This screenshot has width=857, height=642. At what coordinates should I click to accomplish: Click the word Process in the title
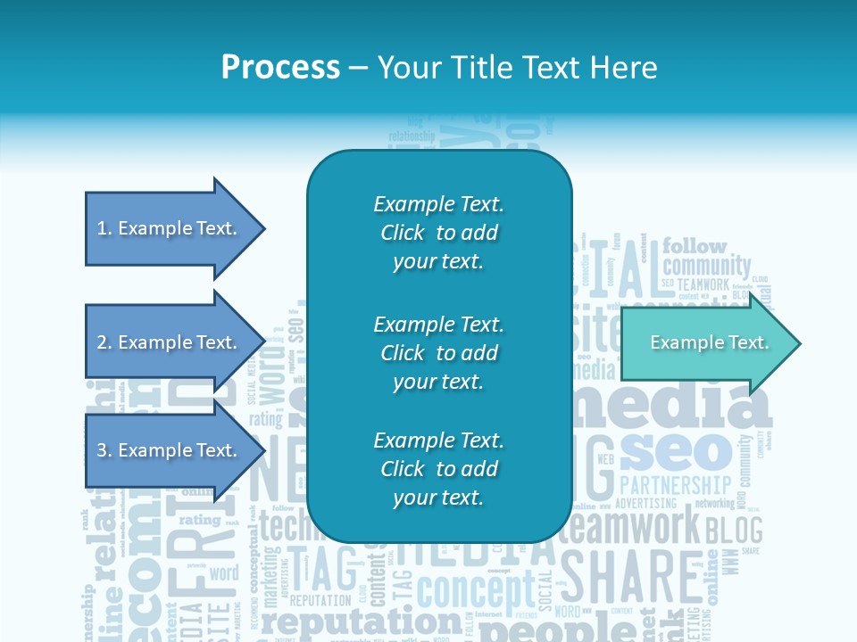point(280,68)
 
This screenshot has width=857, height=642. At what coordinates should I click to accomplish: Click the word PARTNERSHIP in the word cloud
point(675,485)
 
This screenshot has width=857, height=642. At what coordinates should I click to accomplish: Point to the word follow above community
point(695,246)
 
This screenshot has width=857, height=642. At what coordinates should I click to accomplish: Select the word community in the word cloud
point(706,266)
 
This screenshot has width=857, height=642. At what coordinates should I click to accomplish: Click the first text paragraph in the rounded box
point(438,233)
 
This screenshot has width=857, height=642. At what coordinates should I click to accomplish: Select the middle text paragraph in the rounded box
point(438,352)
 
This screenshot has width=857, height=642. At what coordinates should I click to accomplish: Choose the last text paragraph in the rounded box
point(438,469)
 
